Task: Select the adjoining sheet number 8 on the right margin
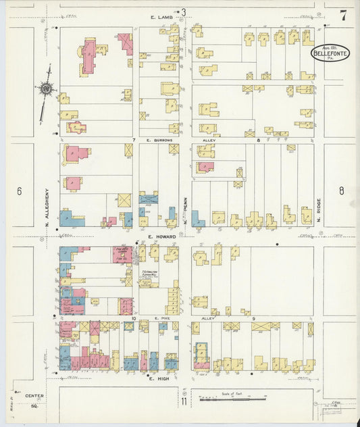[341, 191]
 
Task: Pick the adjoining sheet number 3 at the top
[182, 11]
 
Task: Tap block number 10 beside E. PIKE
[134, 318]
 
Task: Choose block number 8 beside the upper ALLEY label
[259, 140]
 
